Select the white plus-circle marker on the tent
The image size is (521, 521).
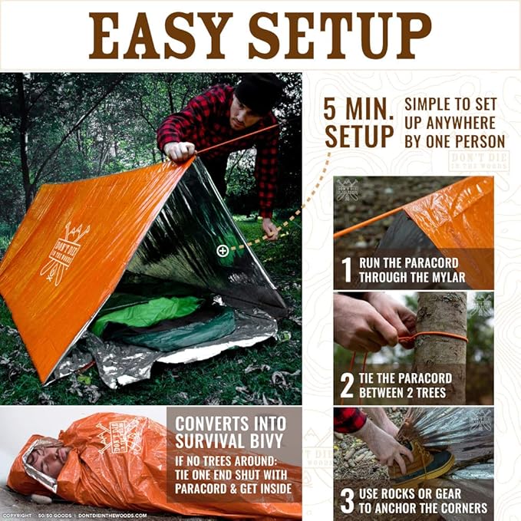click(x=223, y=250)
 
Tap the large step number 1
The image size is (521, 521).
click(x=346, y=270)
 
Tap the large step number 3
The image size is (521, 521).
click(x=347, y=500)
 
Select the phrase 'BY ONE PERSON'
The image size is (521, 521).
click(x=454, y=140)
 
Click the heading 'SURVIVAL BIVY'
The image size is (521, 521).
click(x=229, y=442)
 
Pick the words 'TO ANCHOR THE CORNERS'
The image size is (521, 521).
click(x=424, y=508)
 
